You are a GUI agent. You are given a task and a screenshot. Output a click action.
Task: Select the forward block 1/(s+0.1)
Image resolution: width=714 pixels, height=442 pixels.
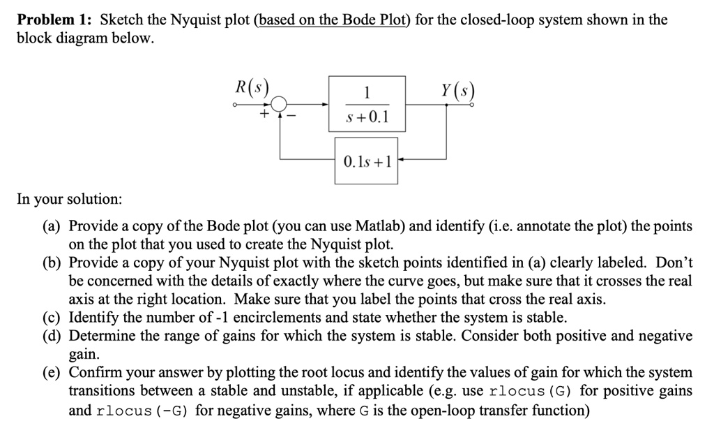367,104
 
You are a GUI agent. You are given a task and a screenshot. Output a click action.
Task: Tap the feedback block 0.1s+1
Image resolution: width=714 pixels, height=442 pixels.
366,161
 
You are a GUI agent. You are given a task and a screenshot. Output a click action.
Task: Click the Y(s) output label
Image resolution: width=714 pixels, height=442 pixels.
457,91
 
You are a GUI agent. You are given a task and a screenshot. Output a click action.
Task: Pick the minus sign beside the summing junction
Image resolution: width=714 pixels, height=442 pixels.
291,117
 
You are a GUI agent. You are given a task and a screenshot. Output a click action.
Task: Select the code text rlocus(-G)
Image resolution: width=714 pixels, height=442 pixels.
142,411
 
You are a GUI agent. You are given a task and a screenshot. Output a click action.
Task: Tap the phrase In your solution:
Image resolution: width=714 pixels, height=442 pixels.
70,199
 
